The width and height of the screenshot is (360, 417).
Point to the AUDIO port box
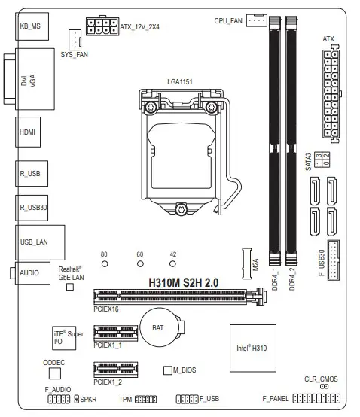(32, 272)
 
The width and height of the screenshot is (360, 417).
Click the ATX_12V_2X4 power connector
(102, 27)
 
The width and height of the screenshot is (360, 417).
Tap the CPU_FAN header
(256, 21)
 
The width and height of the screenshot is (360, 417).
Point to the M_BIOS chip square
(168, 371)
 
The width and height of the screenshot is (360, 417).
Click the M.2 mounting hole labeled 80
(105, 264)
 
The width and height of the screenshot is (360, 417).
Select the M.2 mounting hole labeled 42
(173, 264)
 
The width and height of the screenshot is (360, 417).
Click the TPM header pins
(146, 398)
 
